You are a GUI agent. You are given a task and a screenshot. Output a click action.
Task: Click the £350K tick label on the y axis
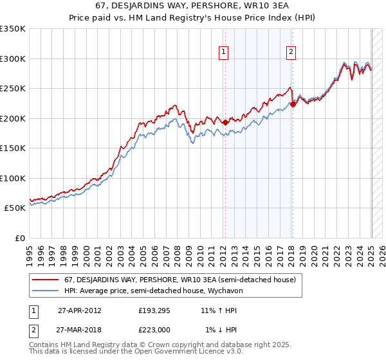(13, 29)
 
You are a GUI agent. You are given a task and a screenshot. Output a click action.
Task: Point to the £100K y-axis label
(13, 178)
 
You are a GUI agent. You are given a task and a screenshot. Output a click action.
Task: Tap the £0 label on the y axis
(20, 238)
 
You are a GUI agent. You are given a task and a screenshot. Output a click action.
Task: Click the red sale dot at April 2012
(225, 122)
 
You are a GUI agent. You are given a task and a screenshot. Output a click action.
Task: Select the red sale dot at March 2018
(293, 105)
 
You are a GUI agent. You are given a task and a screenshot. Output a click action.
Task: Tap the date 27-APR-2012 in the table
(79, 310)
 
